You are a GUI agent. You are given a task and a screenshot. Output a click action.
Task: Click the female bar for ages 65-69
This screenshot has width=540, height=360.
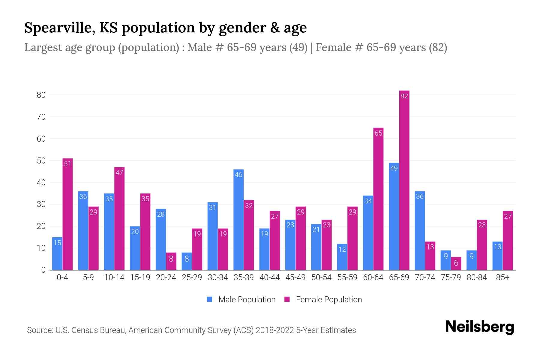tap(404, 180)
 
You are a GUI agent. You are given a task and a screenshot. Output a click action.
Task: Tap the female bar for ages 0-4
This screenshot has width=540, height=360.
tap(67, 214)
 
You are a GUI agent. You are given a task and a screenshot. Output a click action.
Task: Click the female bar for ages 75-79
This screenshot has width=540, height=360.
tap(456, 264)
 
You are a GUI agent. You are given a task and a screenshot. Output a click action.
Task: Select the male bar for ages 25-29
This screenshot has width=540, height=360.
tap(187, 261)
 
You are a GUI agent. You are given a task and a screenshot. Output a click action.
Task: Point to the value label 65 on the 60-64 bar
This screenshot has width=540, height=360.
tap(378, 133)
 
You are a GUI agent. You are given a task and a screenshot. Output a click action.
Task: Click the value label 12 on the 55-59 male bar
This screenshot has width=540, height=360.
tap(342, 249)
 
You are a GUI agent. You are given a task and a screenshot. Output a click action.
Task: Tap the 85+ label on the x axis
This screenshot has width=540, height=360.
tap(502, 277)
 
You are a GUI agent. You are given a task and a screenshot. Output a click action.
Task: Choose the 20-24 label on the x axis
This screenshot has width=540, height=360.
tap(166, 277)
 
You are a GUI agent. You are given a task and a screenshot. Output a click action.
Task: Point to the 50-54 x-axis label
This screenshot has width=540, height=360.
tap(321, 277)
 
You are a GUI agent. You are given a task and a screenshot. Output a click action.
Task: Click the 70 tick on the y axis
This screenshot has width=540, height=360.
tap(41, 117)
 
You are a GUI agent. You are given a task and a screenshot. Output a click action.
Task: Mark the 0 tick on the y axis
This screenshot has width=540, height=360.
tap(43, 270)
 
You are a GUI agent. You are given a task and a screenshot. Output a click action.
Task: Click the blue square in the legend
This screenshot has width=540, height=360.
tap(209, 299)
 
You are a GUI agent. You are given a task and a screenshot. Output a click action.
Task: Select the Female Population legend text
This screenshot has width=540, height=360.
tap(329, 299)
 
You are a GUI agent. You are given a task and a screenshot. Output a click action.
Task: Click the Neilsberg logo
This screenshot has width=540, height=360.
tap(479, 327)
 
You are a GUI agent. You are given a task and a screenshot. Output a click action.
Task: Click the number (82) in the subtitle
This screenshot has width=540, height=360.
tap(438, 47)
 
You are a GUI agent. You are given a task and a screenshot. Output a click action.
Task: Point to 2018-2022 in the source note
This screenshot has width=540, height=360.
tap(274, 330)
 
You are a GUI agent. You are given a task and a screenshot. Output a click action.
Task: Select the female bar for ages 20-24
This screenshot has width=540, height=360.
tap(171, 261)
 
